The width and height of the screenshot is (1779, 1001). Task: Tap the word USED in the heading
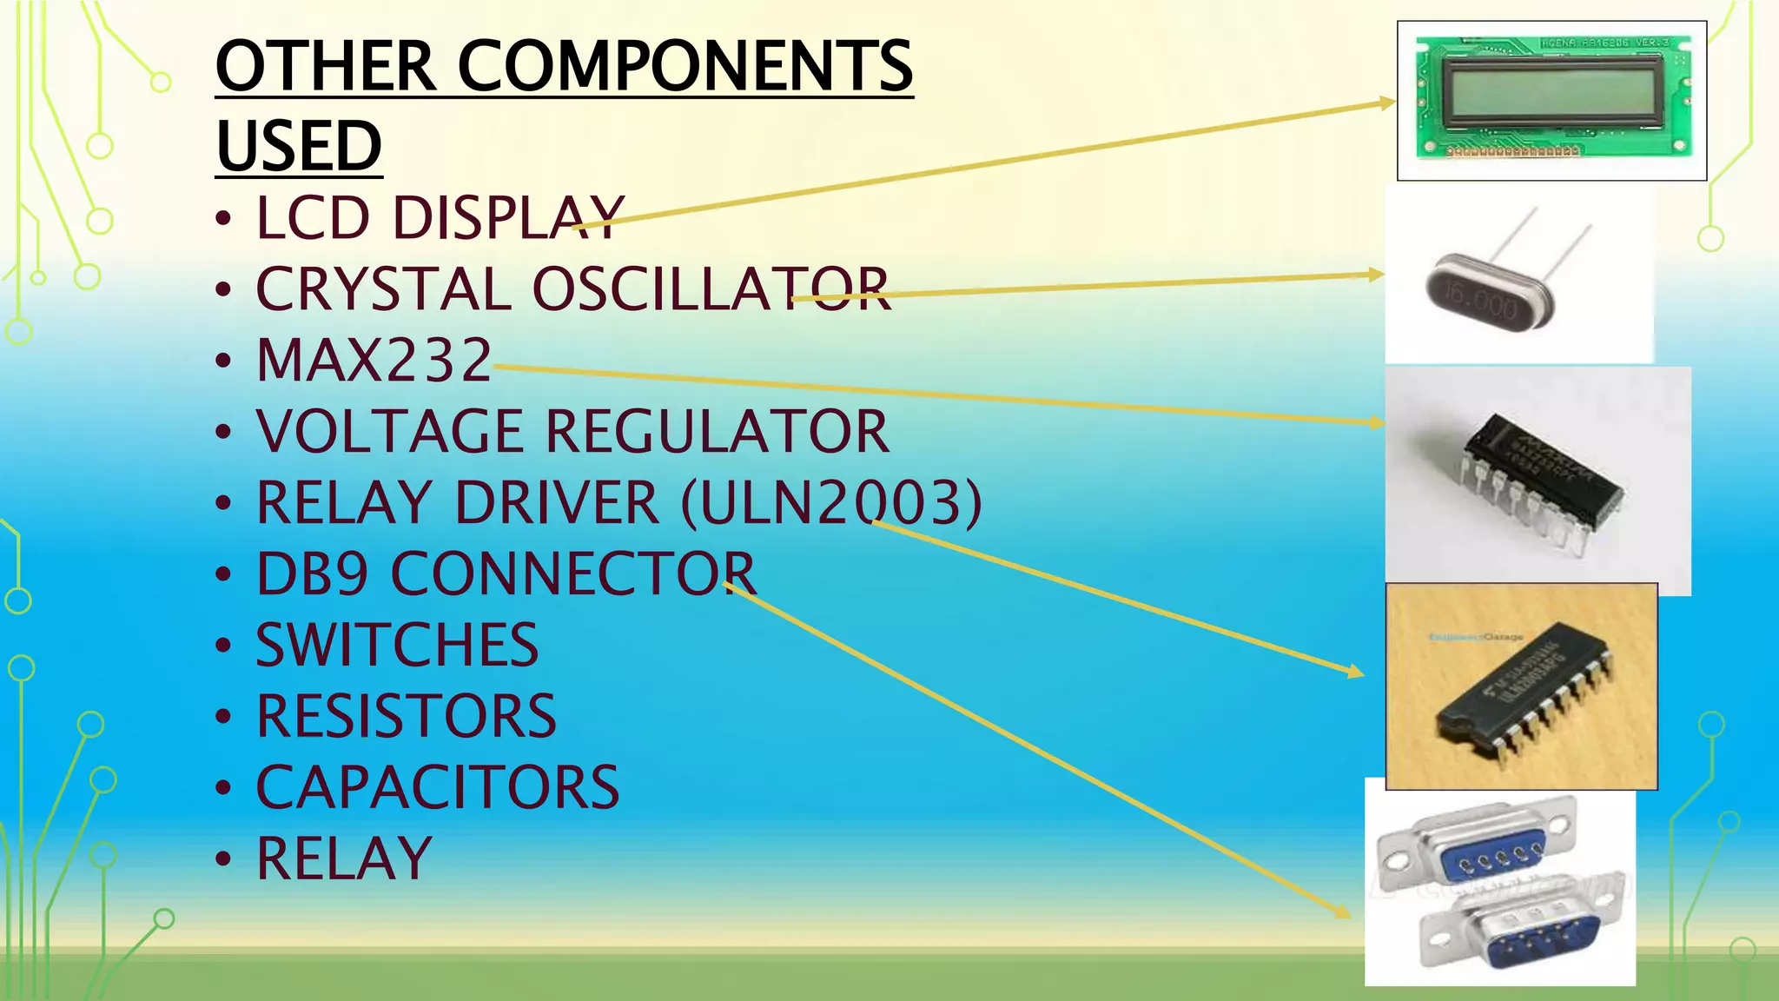tap(299, 146)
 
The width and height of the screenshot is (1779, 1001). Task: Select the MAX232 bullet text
tap(374, 360)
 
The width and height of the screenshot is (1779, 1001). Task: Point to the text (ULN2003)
tap(831, 502)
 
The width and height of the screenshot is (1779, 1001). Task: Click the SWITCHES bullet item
tap(397, 645)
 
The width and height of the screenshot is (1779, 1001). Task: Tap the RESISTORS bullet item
tap(406, 716)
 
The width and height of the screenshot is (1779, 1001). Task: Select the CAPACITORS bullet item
tap(437, 787)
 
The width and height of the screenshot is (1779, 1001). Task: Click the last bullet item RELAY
tap(344, 858)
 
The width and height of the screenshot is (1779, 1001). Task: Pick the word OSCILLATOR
tap(711, 288)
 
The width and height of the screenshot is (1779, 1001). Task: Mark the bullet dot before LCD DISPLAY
tap(224, 217)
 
